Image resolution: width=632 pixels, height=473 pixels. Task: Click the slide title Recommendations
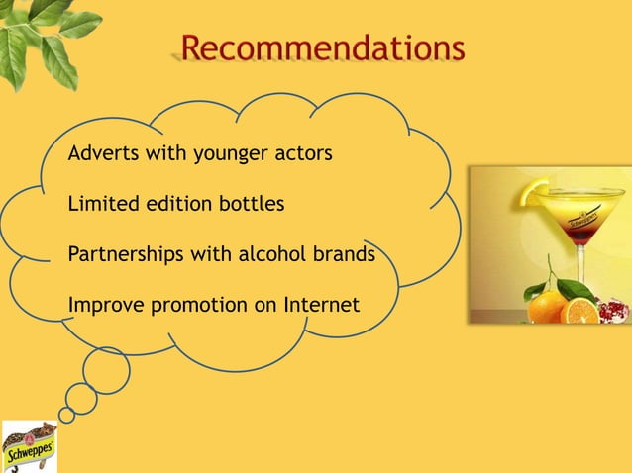coord(322,47)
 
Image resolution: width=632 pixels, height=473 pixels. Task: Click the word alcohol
coord(269,253)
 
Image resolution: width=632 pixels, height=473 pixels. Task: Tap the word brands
coord(343,253)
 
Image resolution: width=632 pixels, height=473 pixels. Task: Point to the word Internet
coord(321,304)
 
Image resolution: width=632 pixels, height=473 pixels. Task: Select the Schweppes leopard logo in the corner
coord(29,446)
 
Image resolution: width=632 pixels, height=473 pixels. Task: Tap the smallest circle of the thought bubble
coord(66,415)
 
